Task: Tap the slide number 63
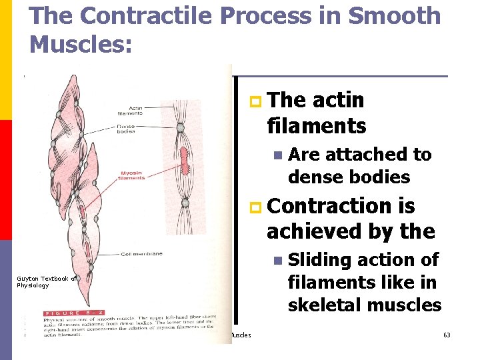(447, 335)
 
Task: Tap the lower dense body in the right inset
(185, 202)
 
